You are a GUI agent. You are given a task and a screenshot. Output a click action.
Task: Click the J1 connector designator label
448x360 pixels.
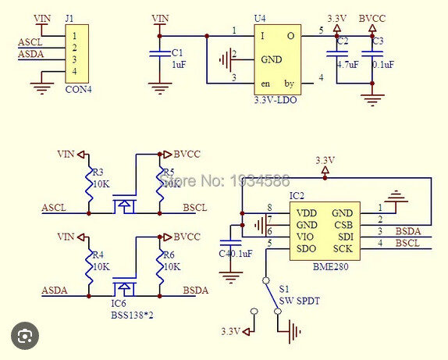69,19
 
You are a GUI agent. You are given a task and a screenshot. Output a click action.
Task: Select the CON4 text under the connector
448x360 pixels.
79,90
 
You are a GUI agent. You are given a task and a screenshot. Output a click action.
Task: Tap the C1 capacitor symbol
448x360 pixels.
160,53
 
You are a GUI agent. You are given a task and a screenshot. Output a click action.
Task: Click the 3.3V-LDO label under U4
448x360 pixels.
276,100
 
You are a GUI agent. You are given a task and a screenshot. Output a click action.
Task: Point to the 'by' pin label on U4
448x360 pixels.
289,84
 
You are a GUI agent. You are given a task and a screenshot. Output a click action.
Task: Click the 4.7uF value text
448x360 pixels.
348,65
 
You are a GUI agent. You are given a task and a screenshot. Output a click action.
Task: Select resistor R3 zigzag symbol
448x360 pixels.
89,184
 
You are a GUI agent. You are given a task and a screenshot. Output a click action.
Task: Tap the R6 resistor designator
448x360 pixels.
169,255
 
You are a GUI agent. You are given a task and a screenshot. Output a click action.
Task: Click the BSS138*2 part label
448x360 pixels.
132,315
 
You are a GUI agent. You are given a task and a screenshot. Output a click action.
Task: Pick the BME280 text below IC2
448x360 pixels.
331,267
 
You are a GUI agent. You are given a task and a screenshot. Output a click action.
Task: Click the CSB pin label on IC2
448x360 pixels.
343,225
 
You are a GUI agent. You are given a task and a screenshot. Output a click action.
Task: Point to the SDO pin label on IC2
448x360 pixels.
306,249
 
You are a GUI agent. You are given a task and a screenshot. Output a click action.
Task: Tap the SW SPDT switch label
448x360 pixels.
299,301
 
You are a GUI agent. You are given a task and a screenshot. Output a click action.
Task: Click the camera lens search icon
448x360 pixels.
25,336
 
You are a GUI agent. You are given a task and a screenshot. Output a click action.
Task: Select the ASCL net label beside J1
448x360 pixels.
30,42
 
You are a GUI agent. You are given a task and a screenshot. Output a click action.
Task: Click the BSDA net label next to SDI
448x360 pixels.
408,231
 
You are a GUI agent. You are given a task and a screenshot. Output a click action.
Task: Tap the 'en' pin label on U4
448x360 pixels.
265,84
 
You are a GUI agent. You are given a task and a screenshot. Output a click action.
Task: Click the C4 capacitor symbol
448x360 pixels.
230,243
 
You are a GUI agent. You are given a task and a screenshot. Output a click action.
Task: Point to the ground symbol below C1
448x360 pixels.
160,88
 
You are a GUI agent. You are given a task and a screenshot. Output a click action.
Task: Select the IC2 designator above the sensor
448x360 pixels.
297,196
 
